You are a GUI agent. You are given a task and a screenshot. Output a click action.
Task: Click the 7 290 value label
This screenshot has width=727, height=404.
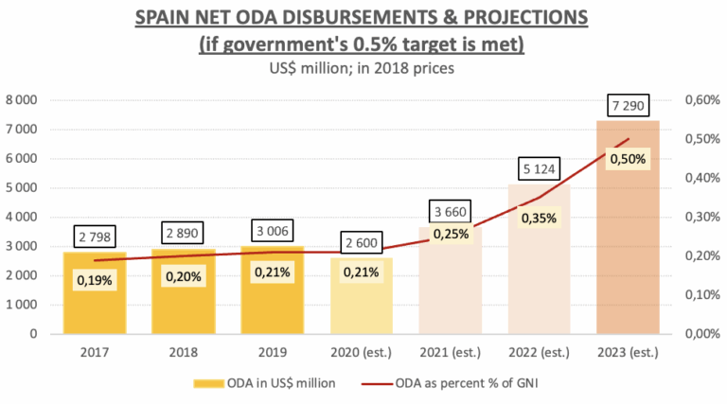pos(627,105)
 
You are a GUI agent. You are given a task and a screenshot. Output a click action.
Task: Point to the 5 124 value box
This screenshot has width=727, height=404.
pos(539,169)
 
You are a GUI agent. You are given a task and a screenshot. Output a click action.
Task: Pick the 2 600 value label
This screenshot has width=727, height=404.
pos(361,243)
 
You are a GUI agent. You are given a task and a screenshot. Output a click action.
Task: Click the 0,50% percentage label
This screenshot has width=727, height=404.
pos(628,159)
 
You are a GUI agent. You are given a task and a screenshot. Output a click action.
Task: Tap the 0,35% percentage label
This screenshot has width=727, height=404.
pos(539,219)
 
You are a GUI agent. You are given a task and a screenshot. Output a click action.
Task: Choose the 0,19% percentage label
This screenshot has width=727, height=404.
pos(95,280)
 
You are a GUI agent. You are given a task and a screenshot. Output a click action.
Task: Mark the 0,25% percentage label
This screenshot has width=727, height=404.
pos(450,234)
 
